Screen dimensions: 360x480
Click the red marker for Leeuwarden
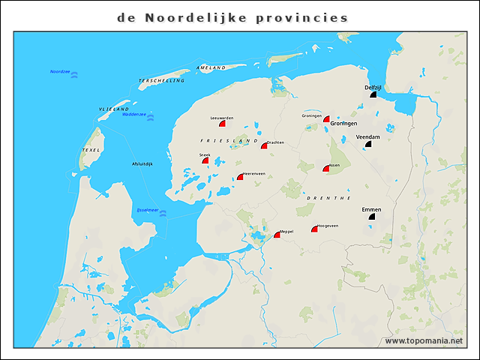click(x=223, y=124)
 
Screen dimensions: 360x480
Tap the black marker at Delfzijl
click(x=373, y=94)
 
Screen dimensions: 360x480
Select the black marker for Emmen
click(x=371, y=216)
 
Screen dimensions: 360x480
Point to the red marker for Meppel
click(x=277, y=235)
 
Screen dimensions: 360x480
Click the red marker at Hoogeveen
click(x=315, y=229)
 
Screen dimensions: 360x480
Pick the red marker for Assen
click(x=326, y=169)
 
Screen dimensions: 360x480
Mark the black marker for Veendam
click(x=368, y=145)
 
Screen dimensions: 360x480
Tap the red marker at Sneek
click(x=205, y=160)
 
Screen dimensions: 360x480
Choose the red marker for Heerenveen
click(x=240, y=177)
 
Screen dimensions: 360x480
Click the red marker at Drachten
click(x=264, y=145)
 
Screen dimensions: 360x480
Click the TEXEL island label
click(x=90, y=151)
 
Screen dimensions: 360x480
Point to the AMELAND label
click(x=211, y=68)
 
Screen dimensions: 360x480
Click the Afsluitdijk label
click(x=142, y=163)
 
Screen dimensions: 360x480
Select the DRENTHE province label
click(x=328, y=197)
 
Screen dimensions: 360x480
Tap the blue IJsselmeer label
click(x=147, y=210)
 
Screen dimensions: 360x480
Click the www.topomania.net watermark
click(x=424, y=340)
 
